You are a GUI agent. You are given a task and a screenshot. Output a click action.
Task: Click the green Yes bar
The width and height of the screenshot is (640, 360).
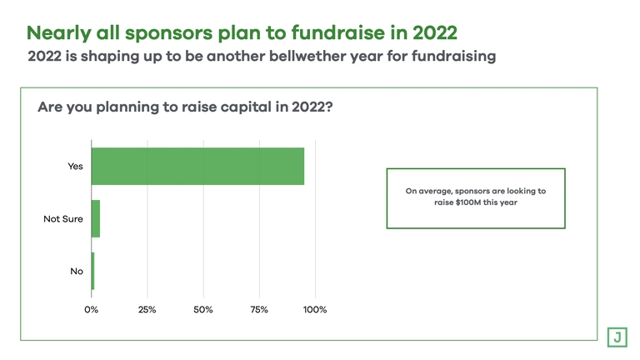click(x=198, y=166)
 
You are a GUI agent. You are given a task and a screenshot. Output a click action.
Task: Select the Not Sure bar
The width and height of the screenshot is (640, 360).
click(x=96, y=219)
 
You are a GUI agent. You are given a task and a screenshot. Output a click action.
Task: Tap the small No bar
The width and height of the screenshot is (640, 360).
click(x=93, y=271)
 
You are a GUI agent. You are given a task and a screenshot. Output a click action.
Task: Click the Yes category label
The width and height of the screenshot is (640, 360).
click(x=76, y=166)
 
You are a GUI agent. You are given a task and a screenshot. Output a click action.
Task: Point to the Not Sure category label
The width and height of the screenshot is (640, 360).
click(x=63, y=219)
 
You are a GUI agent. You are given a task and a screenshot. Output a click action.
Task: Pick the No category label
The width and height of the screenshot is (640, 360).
click(x=77, y=271)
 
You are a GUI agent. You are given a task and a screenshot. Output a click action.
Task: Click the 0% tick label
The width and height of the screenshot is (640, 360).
click(x=92, y=310)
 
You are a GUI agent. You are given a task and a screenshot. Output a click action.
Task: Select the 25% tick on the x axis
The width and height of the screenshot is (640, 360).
click(x=147, y=310)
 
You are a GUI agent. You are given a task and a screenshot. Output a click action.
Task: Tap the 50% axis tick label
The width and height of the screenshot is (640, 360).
click(x=203, y=310)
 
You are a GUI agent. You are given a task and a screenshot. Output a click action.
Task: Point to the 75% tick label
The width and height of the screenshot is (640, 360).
click(x=259, y=310)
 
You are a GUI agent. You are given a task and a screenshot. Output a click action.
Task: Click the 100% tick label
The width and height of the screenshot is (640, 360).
click(x=315, y=310)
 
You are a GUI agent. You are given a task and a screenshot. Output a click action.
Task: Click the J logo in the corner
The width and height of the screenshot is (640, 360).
click(x=617, y=337)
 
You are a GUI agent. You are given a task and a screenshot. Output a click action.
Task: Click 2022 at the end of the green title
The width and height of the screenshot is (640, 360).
click(x=435, y=32)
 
